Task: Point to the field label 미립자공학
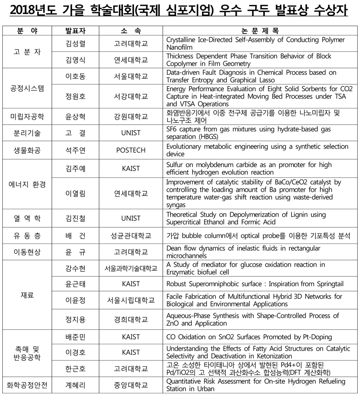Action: pyautogui.click(x=27, y=117)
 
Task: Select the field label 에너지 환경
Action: pyautogui.click(x=27, y=184)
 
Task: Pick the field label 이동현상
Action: pyautogui.click(x=27, y=252)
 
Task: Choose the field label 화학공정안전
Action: pyautogui.click(x=27, y=385)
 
